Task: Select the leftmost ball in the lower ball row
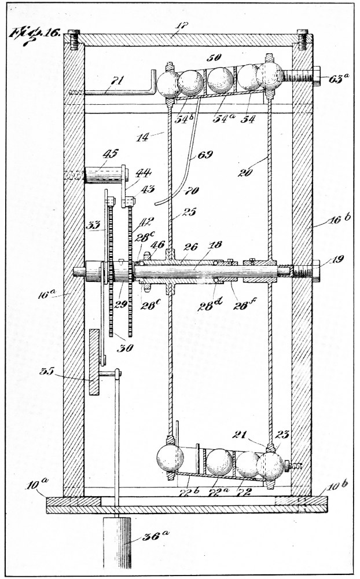point(170,459)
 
